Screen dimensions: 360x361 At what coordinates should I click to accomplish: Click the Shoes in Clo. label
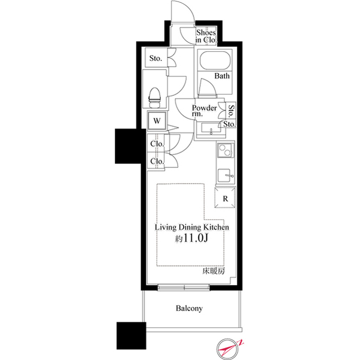pyautogui.click(x=206, y=37)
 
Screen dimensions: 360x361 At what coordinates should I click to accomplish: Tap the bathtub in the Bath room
pyautogui.click(x=215, y=61)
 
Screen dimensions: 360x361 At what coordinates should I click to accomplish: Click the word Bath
pyautogui.click(x=221, y=77)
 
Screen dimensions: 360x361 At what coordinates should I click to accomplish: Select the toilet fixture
pyautogui.click(x=155, y=97)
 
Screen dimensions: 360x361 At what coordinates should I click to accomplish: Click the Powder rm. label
pyautogui.click(x=204, y=110)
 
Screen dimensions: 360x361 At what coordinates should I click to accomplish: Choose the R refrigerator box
pyautogui.click(x=224, y=198)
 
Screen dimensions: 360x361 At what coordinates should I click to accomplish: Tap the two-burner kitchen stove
pyautogui.click(x=226, y=152)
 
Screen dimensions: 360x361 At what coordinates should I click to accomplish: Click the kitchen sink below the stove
pyautogui.click(x=226, y=174)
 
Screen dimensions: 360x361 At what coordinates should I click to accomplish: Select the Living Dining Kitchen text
pyautogui.click(x=191, y=228)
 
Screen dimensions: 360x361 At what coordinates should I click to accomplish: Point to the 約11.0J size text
pyautogui.click(x=191, y=239)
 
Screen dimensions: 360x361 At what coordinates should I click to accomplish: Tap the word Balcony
pyautogui.click(x=189, y=309)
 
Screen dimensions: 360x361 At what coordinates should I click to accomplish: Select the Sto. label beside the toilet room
pyautogui.click(x=156, y=58)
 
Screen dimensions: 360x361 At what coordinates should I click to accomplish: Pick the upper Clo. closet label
pyautogui.click(x=157, y=144)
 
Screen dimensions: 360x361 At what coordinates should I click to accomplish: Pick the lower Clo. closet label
pyautogui.click(x=157, y=162)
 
